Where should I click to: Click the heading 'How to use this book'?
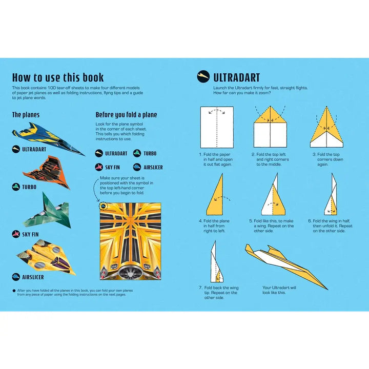point(58,77)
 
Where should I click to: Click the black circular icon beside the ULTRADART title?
point(203,76)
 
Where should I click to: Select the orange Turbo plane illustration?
point(48,172)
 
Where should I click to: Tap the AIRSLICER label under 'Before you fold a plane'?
point(153,167)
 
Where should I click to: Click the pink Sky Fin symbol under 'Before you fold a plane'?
point(99,167)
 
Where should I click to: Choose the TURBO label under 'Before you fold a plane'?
point(150,153)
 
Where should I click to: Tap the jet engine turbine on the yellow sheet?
point(130,273)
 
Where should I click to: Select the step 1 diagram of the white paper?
point(217,127)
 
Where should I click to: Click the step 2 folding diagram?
point(270,127)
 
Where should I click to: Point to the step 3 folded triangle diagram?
point(326,127)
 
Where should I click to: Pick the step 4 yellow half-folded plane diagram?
point(215,194)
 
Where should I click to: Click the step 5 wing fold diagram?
point(273,194)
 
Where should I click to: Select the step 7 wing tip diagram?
point(216,261)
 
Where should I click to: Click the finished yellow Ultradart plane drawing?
point(286,266)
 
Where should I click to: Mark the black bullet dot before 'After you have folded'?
point(14,291)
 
